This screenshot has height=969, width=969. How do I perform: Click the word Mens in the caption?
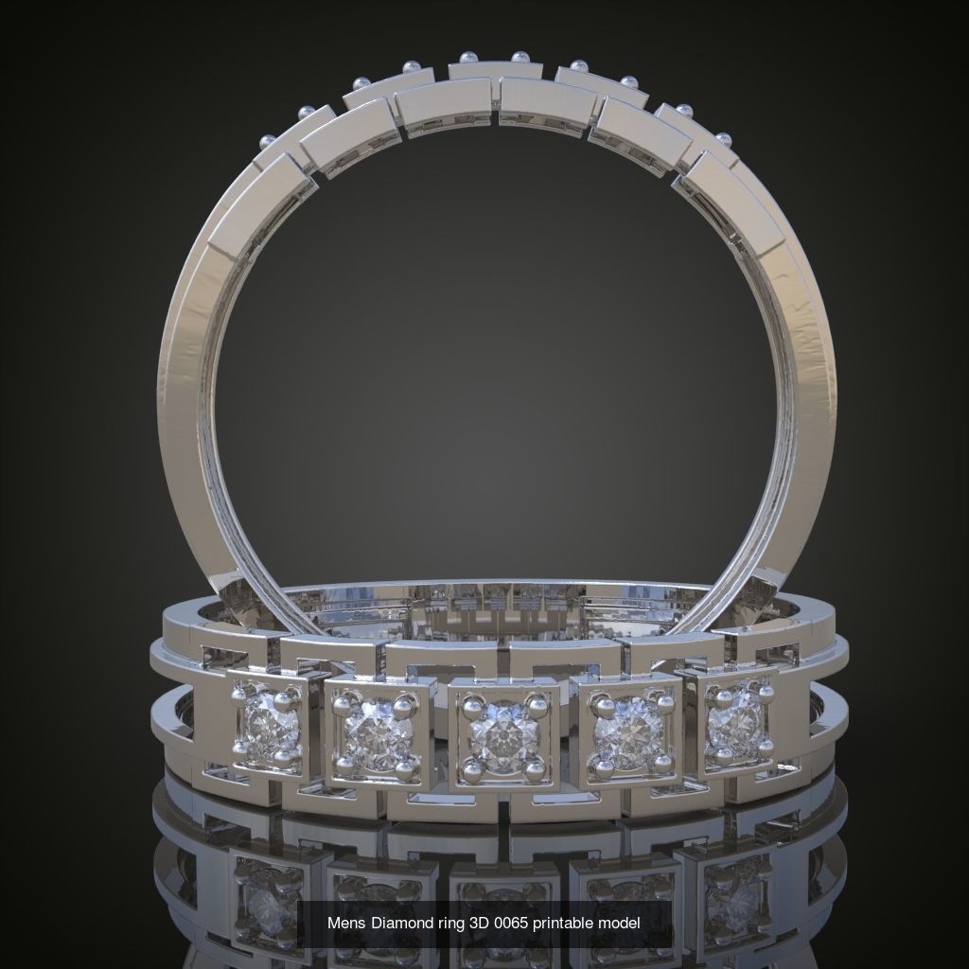coord(346,923)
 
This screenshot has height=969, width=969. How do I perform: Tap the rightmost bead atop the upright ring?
coord(725,139)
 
